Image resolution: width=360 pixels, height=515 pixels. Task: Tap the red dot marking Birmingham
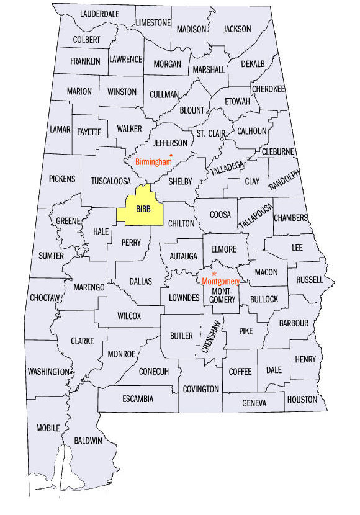[x=171, y=154]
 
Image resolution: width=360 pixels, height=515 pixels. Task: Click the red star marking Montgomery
[x=214, y=273]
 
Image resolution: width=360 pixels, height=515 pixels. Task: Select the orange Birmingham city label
[x=153, y=162]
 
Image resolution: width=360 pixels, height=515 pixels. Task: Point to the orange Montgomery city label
[x=220, y=280]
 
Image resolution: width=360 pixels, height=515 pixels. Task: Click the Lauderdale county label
[x=99, y=14]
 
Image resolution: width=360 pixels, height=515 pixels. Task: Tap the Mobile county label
[x=48, y=428]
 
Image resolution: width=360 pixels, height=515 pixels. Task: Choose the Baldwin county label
[x=88, y=441]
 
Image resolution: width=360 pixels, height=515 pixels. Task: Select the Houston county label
[x=302, y=400]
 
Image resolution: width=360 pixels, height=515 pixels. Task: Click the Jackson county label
[x=237, y=29]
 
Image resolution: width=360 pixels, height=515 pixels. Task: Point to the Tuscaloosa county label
[x=111, y=181]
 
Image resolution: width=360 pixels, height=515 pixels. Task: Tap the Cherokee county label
[x=269, y=89]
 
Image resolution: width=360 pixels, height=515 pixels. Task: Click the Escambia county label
[x=138, y=398]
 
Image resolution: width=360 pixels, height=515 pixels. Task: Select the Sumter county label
[x=51, y=256]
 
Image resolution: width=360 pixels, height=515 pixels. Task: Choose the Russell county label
[x=310, y=280]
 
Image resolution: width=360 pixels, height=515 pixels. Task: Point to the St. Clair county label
[x=210, y=133]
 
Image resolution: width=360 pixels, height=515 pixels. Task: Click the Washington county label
[x=48, y=372]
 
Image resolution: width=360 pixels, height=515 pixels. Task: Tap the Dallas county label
[x=140, y=281]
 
